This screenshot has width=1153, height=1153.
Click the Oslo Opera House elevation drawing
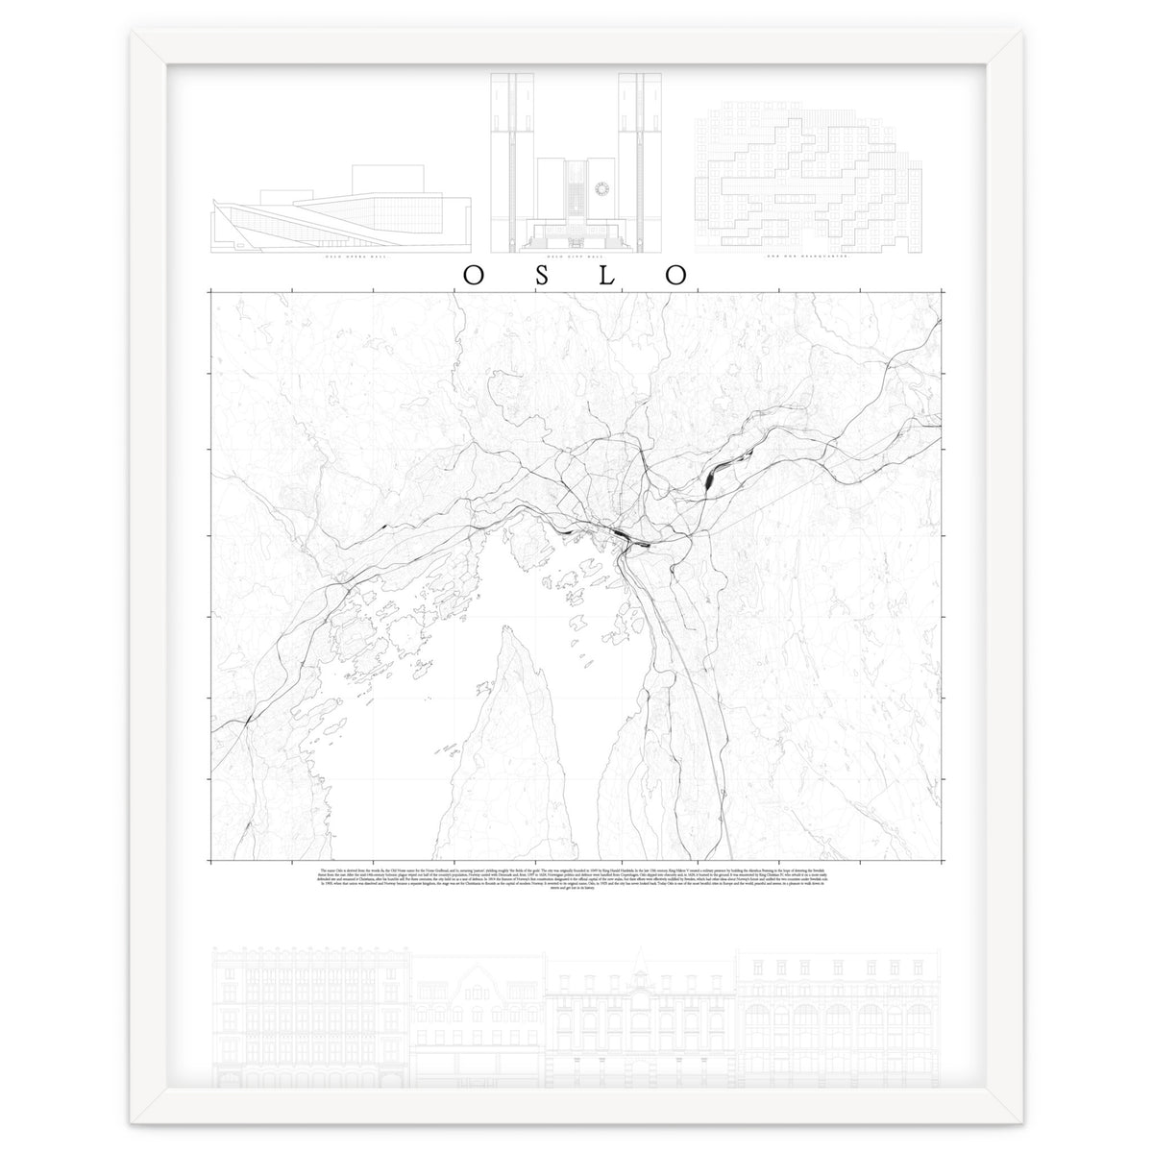[x=341, y=216]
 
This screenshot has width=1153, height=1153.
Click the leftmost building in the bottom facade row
[x=310, y=1018]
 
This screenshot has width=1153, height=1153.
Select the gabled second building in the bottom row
[x=478, y=1018]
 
